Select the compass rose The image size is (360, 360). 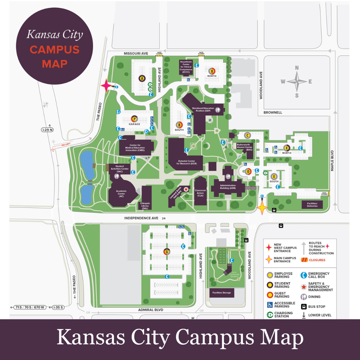click(297, 82)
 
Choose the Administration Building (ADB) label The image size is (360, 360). click(228, 187)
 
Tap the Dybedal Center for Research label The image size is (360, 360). click(187, 162)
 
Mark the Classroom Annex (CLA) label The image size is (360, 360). click(200, 193)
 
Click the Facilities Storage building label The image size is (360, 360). click(221, 293)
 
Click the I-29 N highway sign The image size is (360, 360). click(47, 130)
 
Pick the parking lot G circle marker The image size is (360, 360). click(167, 251)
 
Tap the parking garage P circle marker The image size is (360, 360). click(135, 118)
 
